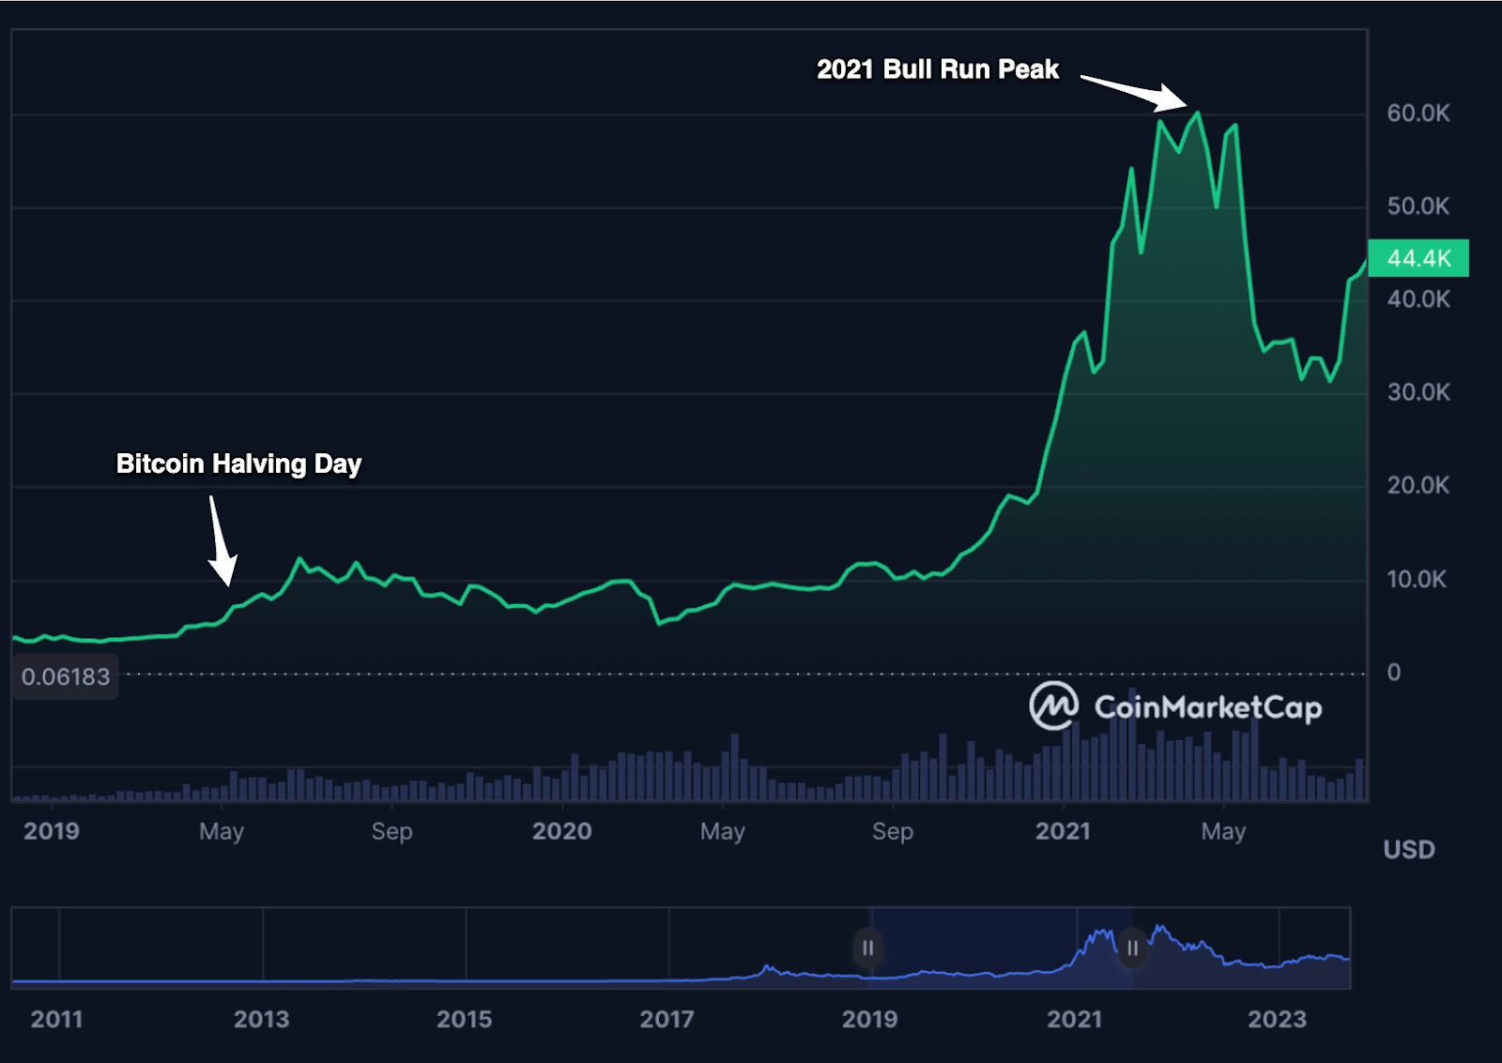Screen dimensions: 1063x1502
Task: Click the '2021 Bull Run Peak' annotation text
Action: (937, 69)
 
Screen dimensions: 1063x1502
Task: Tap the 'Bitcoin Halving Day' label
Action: (238, 463)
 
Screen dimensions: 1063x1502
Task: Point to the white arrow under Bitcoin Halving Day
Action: (222, 542)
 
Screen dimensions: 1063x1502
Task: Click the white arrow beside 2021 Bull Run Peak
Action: (1134, 92)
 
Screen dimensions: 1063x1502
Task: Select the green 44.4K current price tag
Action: (1418, 258)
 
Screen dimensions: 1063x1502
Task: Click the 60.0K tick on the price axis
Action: (1418, 114)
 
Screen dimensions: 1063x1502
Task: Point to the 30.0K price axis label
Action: (1418, 392)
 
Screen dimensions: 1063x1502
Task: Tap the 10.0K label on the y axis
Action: (1417, 579)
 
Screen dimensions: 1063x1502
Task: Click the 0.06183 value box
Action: (66, 676)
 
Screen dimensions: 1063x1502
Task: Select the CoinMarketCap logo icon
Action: (1053, 706)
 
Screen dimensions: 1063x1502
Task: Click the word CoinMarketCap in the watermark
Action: (1207, 706)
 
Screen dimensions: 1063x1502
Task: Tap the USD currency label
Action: (1408, 850)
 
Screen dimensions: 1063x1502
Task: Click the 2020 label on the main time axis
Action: (561, 831)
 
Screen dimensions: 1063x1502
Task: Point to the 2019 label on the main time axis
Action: (52, 831)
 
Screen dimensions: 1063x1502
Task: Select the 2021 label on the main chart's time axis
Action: (1063, 831)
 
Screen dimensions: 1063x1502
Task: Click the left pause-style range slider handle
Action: (867, 949)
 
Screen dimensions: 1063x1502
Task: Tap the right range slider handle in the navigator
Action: (1132, 949)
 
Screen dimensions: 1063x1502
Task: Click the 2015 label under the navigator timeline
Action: (464, 1019)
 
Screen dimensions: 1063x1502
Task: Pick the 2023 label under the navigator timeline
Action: (1277, 1019)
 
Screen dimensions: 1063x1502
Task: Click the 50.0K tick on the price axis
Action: (1418, 206)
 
